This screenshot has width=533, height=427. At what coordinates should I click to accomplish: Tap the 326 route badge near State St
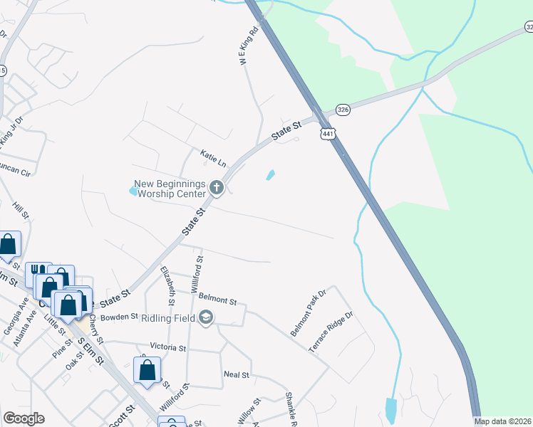343,110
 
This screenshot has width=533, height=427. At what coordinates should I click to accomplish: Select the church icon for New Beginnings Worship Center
217,189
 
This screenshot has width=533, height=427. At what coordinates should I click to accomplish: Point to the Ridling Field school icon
207,317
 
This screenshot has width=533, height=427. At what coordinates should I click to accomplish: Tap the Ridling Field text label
168,317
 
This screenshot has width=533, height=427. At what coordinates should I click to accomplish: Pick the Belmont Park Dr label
308,313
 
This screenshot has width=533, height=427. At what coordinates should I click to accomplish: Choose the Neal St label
236,374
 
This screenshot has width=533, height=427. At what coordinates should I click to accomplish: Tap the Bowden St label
118,317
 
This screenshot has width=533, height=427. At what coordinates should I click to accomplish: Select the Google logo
24,418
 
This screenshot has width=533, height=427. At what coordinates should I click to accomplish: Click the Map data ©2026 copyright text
503,421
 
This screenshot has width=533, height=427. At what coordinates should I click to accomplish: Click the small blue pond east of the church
271,174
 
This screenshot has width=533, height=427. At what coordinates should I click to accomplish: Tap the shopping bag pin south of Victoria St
147,370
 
